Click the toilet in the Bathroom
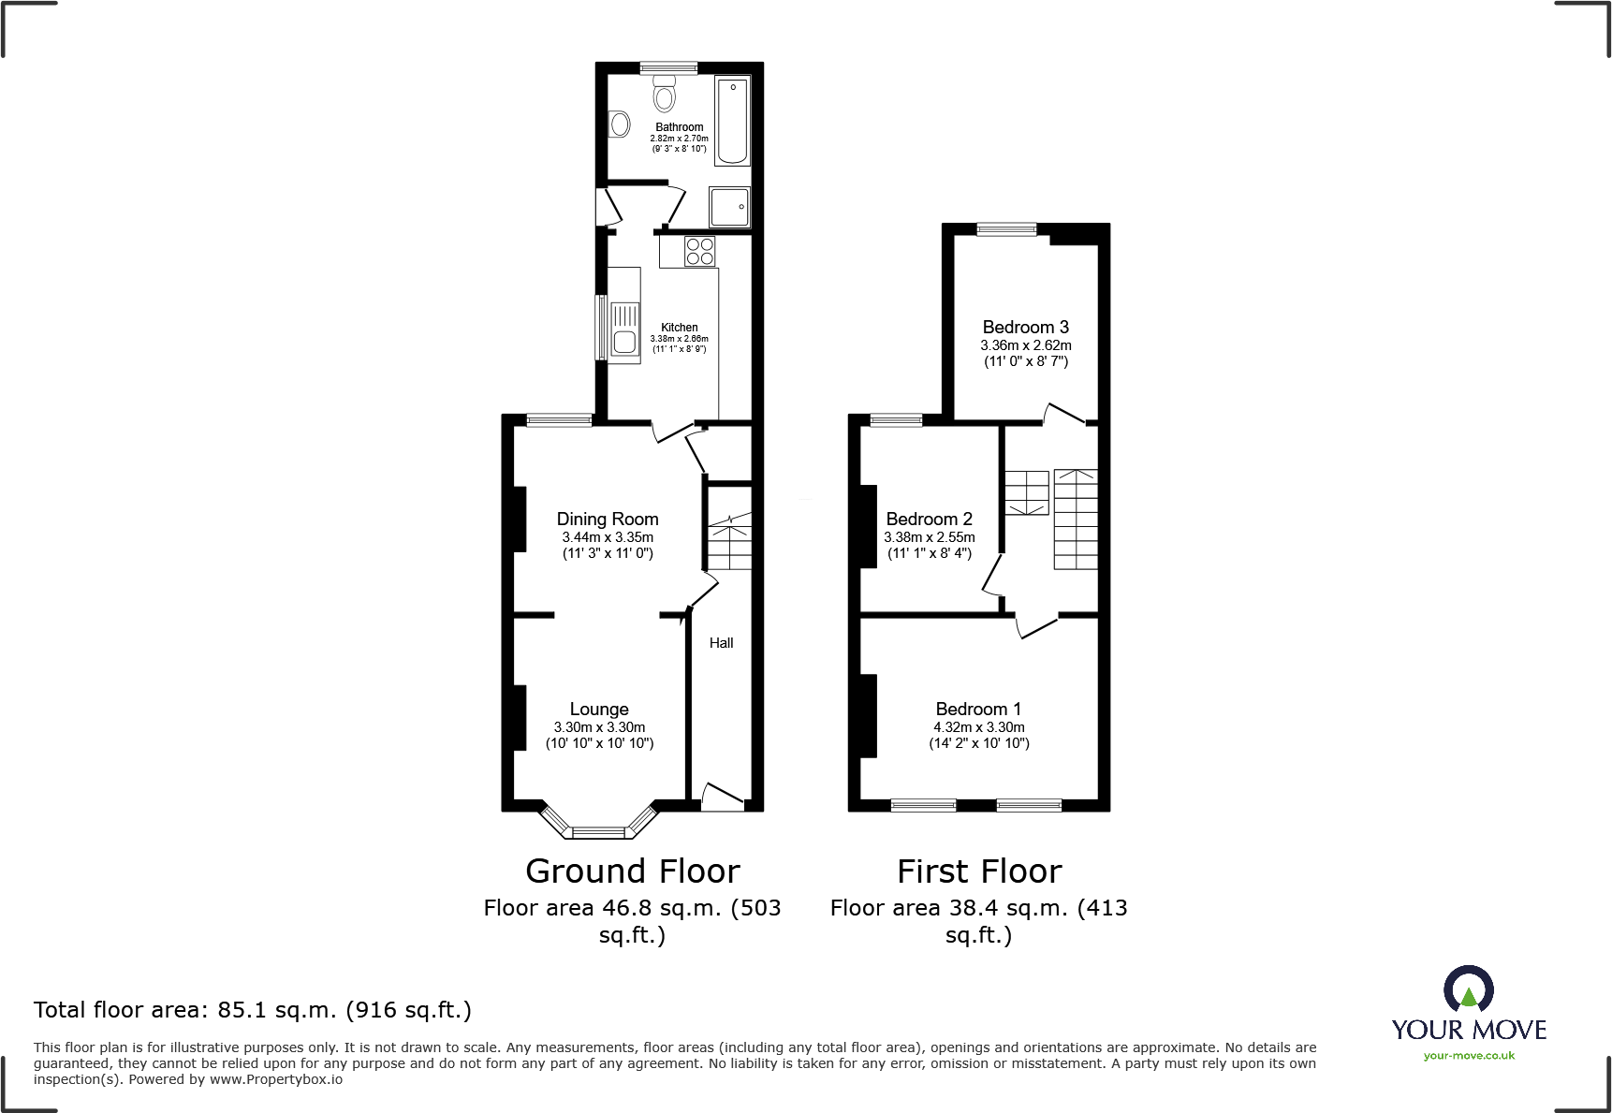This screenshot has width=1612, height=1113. (x=665, y=95)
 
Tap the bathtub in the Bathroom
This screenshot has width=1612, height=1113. (x=732, y=121)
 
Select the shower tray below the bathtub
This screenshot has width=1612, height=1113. (x=729, y=207)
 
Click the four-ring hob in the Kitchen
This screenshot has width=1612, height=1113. (x=699, y=251)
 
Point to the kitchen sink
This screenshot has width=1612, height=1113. (x=624, y=330)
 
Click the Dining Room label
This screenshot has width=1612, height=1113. (x=608, y=519)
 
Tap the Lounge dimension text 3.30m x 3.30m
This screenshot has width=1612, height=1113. (x=599, y=727)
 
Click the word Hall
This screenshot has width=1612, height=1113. (x=721, y=643)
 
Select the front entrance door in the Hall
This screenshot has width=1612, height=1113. (x=723, y=797)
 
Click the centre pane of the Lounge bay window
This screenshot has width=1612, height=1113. (x=598, y=831)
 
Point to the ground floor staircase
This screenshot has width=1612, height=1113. (x=729, y=543)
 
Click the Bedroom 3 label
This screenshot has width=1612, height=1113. (x=1025, y=327)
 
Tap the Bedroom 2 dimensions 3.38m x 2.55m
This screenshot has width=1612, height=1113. (x=929, y=537)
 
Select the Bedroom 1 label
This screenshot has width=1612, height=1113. (x=978, y=709)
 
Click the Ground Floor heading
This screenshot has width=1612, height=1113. (x=633, y=871)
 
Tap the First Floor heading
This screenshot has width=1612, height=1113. (x=979, y=871)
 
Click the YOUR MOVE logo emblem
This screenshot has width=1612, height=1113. (x=1468, y=989)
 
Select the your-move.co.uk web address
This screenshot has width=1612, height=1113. (x=1469, y=1056)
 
